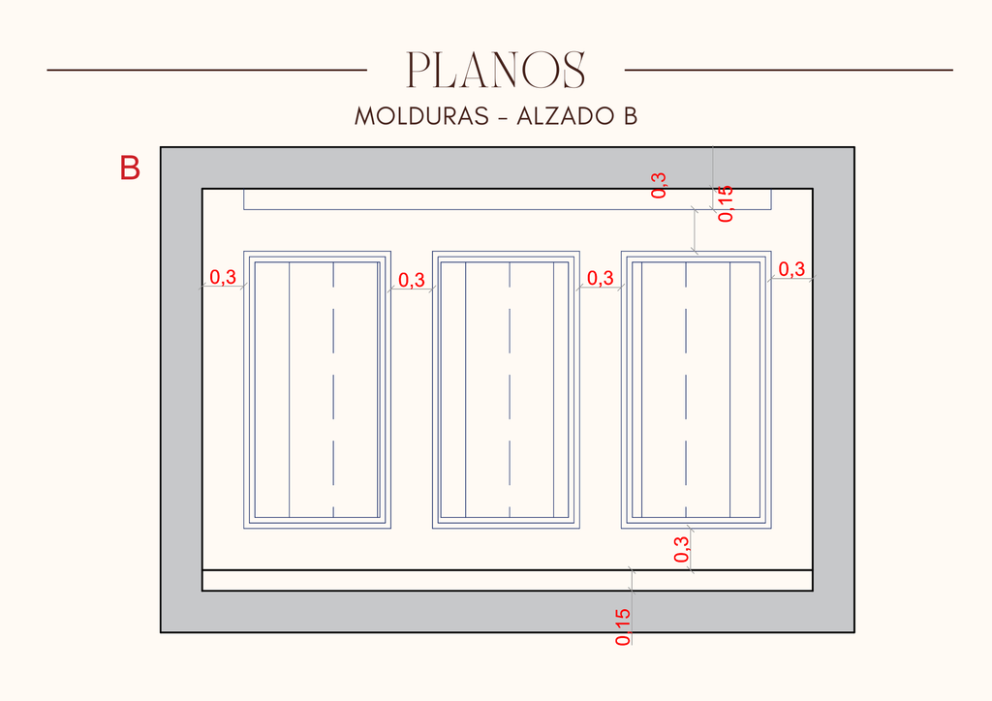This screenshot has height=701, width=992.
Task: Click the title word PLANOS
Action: click(495, 70)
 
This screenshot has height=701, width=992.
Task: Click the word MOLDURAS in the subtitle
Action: click(422, 116)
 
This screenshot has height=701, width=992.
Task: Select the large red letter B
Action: click(130, 168)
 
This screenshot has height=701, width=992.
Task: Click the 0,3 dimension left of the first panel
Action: click(223, 277)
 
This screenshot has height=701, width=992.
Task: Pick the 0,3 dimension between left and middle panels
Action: click(411, 280)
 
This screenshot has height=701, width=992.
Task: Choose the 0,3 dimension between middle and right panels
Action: click(601, 278)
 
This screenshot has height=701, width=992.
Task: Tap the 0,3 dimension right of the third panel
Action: click(791, 269)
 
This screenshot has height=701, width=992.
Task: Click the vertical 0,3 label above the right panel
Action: click(659, 185)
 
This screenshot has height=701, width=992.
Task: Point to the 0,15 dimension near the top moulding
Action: click(726, 203)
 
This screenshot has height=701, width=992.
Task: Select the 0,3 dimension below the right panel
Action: click(681, 549)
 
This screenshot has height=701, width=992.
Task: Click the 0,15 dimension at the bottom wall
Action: click(623, 627)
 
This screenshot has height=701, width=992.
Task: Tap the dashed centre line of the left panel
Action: click(333, 390)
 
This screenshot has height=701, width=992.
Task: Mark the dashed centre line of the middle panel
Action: click(510, 390)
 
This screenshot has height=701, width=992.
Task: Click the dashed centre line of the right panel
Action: click(686, 390)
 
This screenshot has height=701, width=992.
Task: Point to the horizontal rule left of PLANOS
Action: click(207, 70)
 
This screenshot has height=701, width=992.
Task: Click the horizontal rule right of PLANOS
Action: click(789, 70)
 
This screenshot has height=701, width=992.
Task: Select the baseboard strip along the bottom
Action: click(508, 580)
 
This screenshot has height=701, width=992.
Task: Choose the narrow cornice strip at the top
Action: click(508, 199)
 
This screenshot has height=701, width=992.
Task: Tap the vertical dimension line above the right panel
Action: click(696, 230)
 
